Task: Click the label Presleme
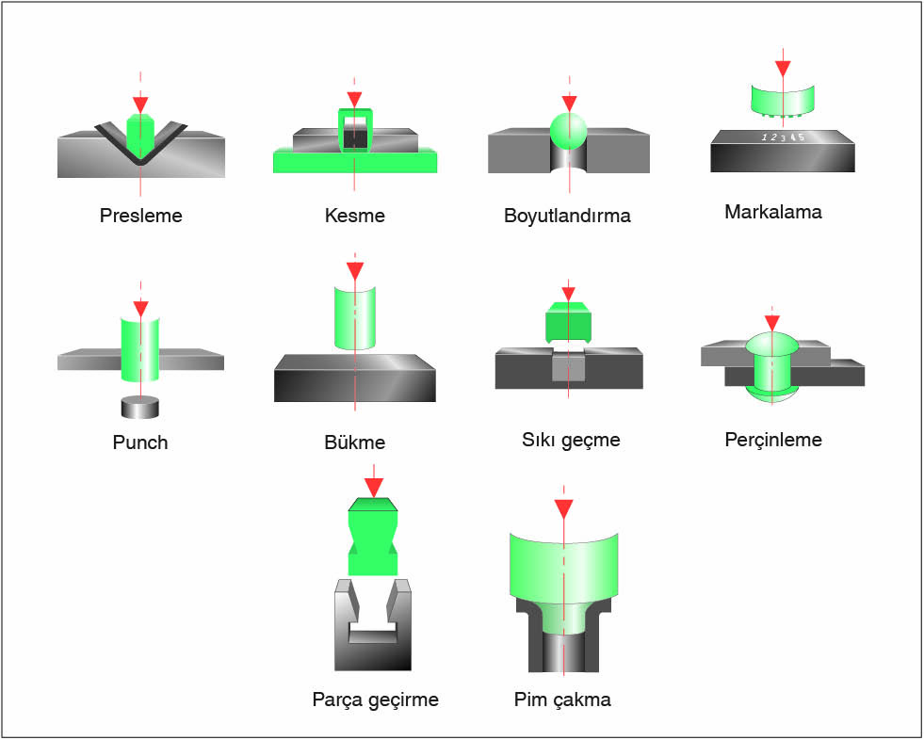(x=140, y=216)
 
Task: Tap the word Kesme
(x=354, y=216)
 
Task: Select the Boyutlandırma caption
(x=567, y=216)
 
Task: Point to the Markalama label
(x=772, y=212)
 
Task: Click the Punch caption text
(x=139, y=442)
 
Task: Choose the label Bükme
(x=354, y=442)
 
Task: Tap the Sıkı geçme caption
(x=571, y=440)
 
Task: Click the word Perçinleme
(x=773, y=440)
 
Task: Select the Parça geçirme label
(x=375, y=700)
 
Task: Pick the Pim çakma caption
(x=562, y=700)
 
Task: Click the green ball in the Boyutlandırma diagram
(x=567, y=131)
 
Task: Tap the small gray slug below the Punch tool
(x=139, y=407)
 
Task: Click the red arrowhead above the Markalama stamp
(x=782, y=69)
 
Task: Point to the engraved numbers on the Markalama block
(x=784, y=137)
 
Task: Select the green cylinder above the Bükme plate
(x=355, y=316)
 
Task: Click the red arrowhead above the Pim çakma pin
(x=563, y=509)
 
